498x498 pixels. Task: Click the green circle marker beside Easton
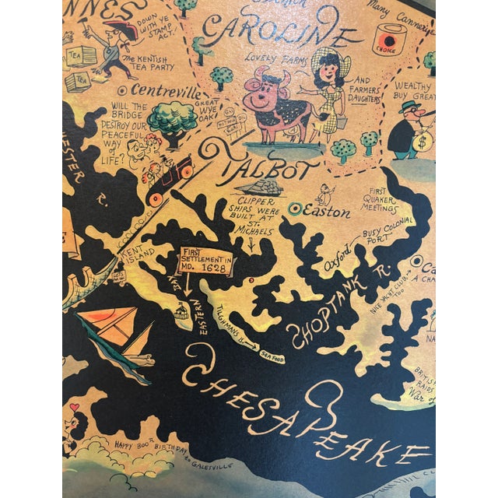coord(294,209)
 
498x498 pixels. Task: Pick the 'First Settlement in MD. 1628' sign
coord(207,259)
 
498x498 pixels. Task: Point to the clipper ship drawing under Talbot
coord(261,188)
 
